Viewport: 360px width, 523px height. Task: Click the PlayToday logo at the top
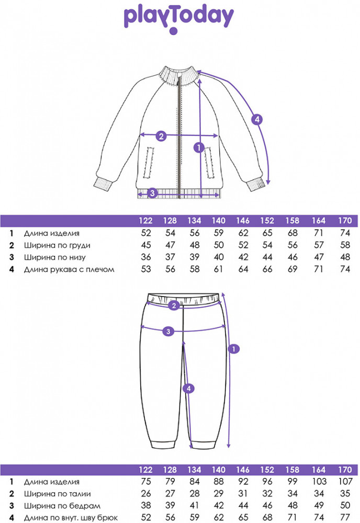pyautogui.click(x=179, y=20)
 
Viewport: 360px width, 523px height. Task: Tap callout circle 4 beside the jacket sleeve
pyautogui.click(x=257, y=119)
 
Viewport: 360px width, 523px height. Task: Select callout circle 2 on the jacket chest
pyautogui.click(x=161, y=136)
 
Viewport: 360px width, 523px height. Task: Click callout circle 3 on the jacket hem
pyautogui.click(x=152, y=193)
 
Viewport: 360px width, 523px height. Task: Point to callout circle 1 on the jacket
pyautogui.click(x=199, y=147)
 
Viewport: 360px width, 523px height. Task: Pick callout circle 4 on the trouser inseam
pyautogui.click(x=189, y=389)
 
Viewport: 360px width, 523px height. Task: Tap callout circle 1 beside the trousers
pyautogui.click(x=234, y=349)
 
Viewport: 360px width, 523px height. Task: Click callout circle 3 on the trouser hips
pyautogui.click(x=168, y=331)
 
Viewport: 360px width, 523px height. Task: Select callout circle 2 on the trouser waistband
pyautogui.click(x=174, y=305)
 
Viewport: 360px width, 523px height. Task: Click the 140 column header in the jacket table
pyautogui.click(x=219, y=221)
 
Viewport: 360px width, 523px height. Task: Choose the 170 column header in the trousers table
pyautogui.click(x=345, y=470)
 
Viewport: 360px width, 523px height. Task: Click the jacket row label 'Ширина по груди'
pyautogui.click(x=57, y=245)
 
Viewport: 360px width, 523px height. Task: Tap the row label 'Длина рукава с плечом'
pyautogui.click(x=69, y=269)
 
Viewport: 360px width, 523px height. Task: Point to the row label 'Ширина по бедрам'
pyautogui.click(x=62, y=506)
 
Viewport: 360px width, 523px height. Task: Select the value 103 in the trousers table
pyautogui.click(x=319, y=482)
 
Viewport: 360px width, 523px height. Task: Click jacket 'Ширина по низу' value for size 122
pyautogui.click(x=146, y=257)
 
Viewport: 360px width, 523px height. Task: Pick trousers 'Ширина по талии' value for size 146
pyautogui.click(x=243, y=494)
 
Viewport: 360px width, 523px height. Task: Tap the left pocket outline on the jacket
pyautogui.click(x=149, y=163)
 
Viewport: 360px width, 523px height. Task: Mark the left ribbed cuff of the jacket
pyautogui.click(x=104, y=184)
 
